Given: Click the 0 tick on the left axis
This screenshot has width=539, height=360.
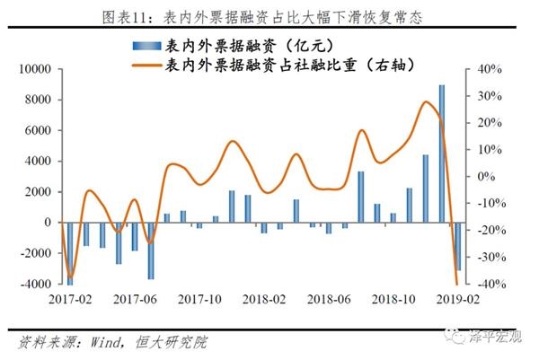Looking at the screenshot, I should pos(56,223).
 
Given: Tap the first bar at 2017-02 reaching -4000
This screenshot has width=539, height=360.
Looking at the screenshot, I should pos(71,253).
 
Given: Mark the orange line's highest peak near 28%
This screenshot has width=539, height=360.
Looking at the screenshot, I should pos(426,101).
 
